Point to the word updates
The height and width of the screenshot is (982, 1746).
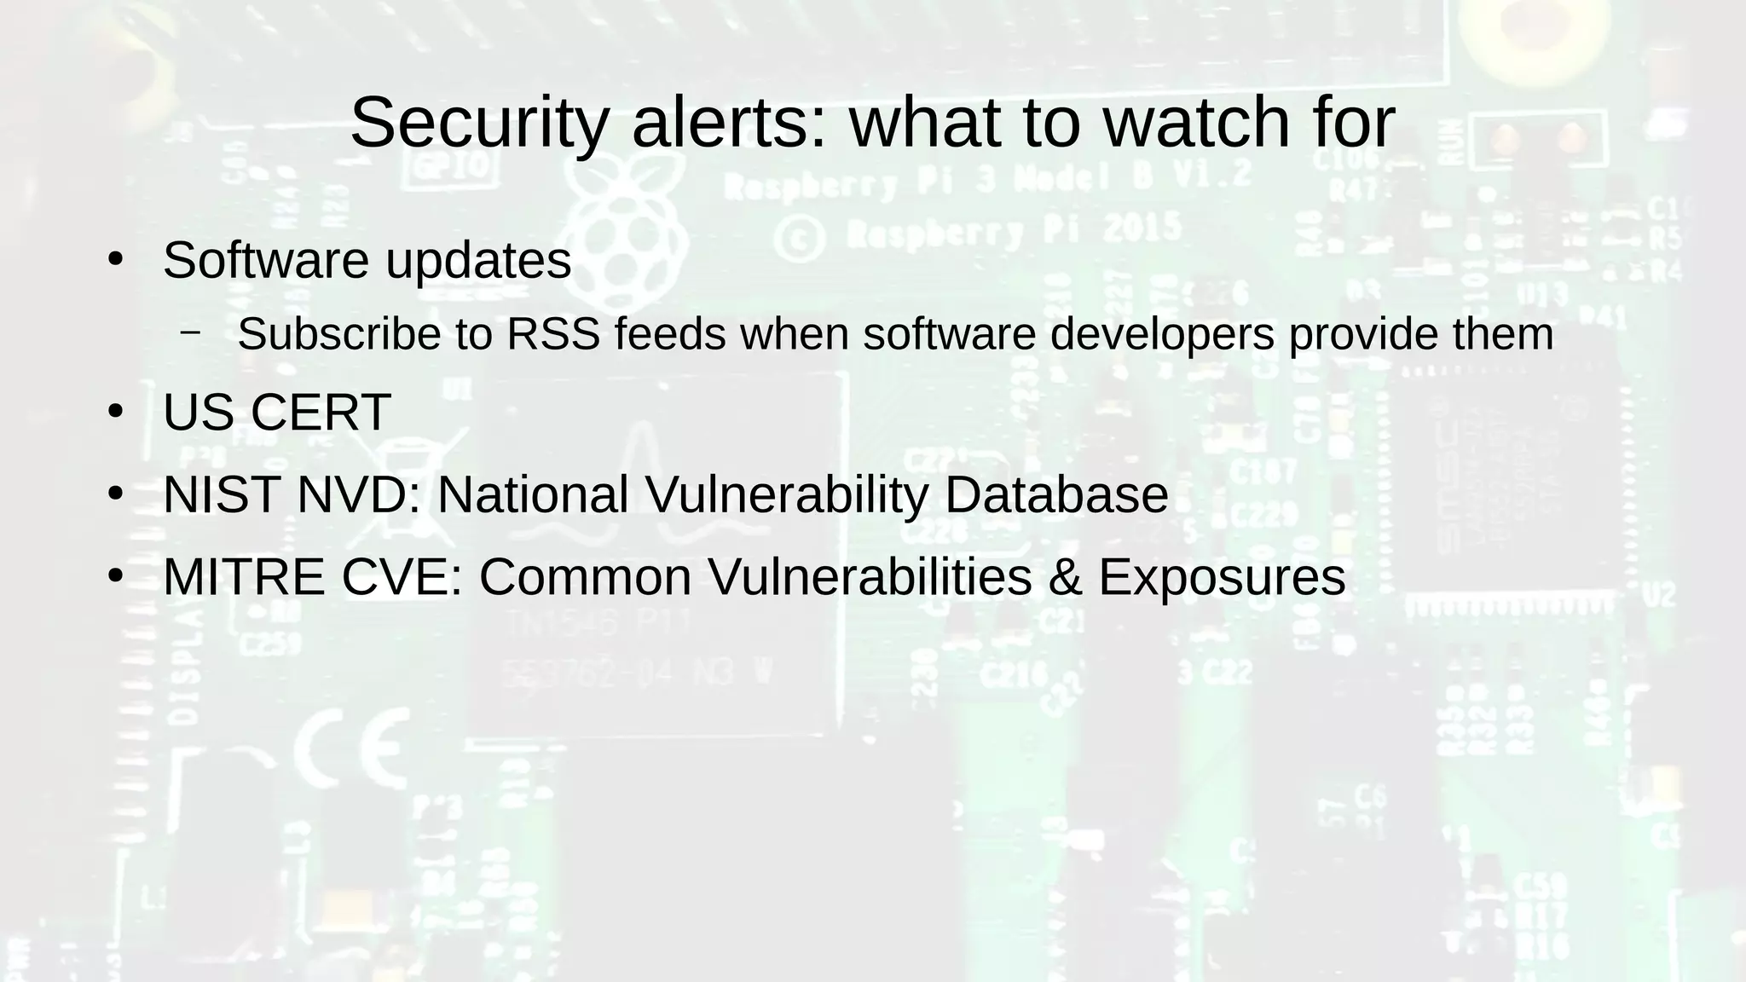point(478,262)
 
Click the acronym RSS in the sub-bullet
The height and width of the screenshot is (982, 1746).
point(553,333)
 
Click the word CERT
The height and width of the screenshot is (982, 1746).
point(321,413)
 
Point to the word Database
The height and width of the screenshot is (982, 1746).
point(1056,494)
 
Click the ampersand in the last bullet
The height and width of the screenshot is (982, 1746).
point(1065,577)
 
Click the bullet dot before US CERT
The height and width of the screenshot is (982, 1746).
point(116,412)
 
